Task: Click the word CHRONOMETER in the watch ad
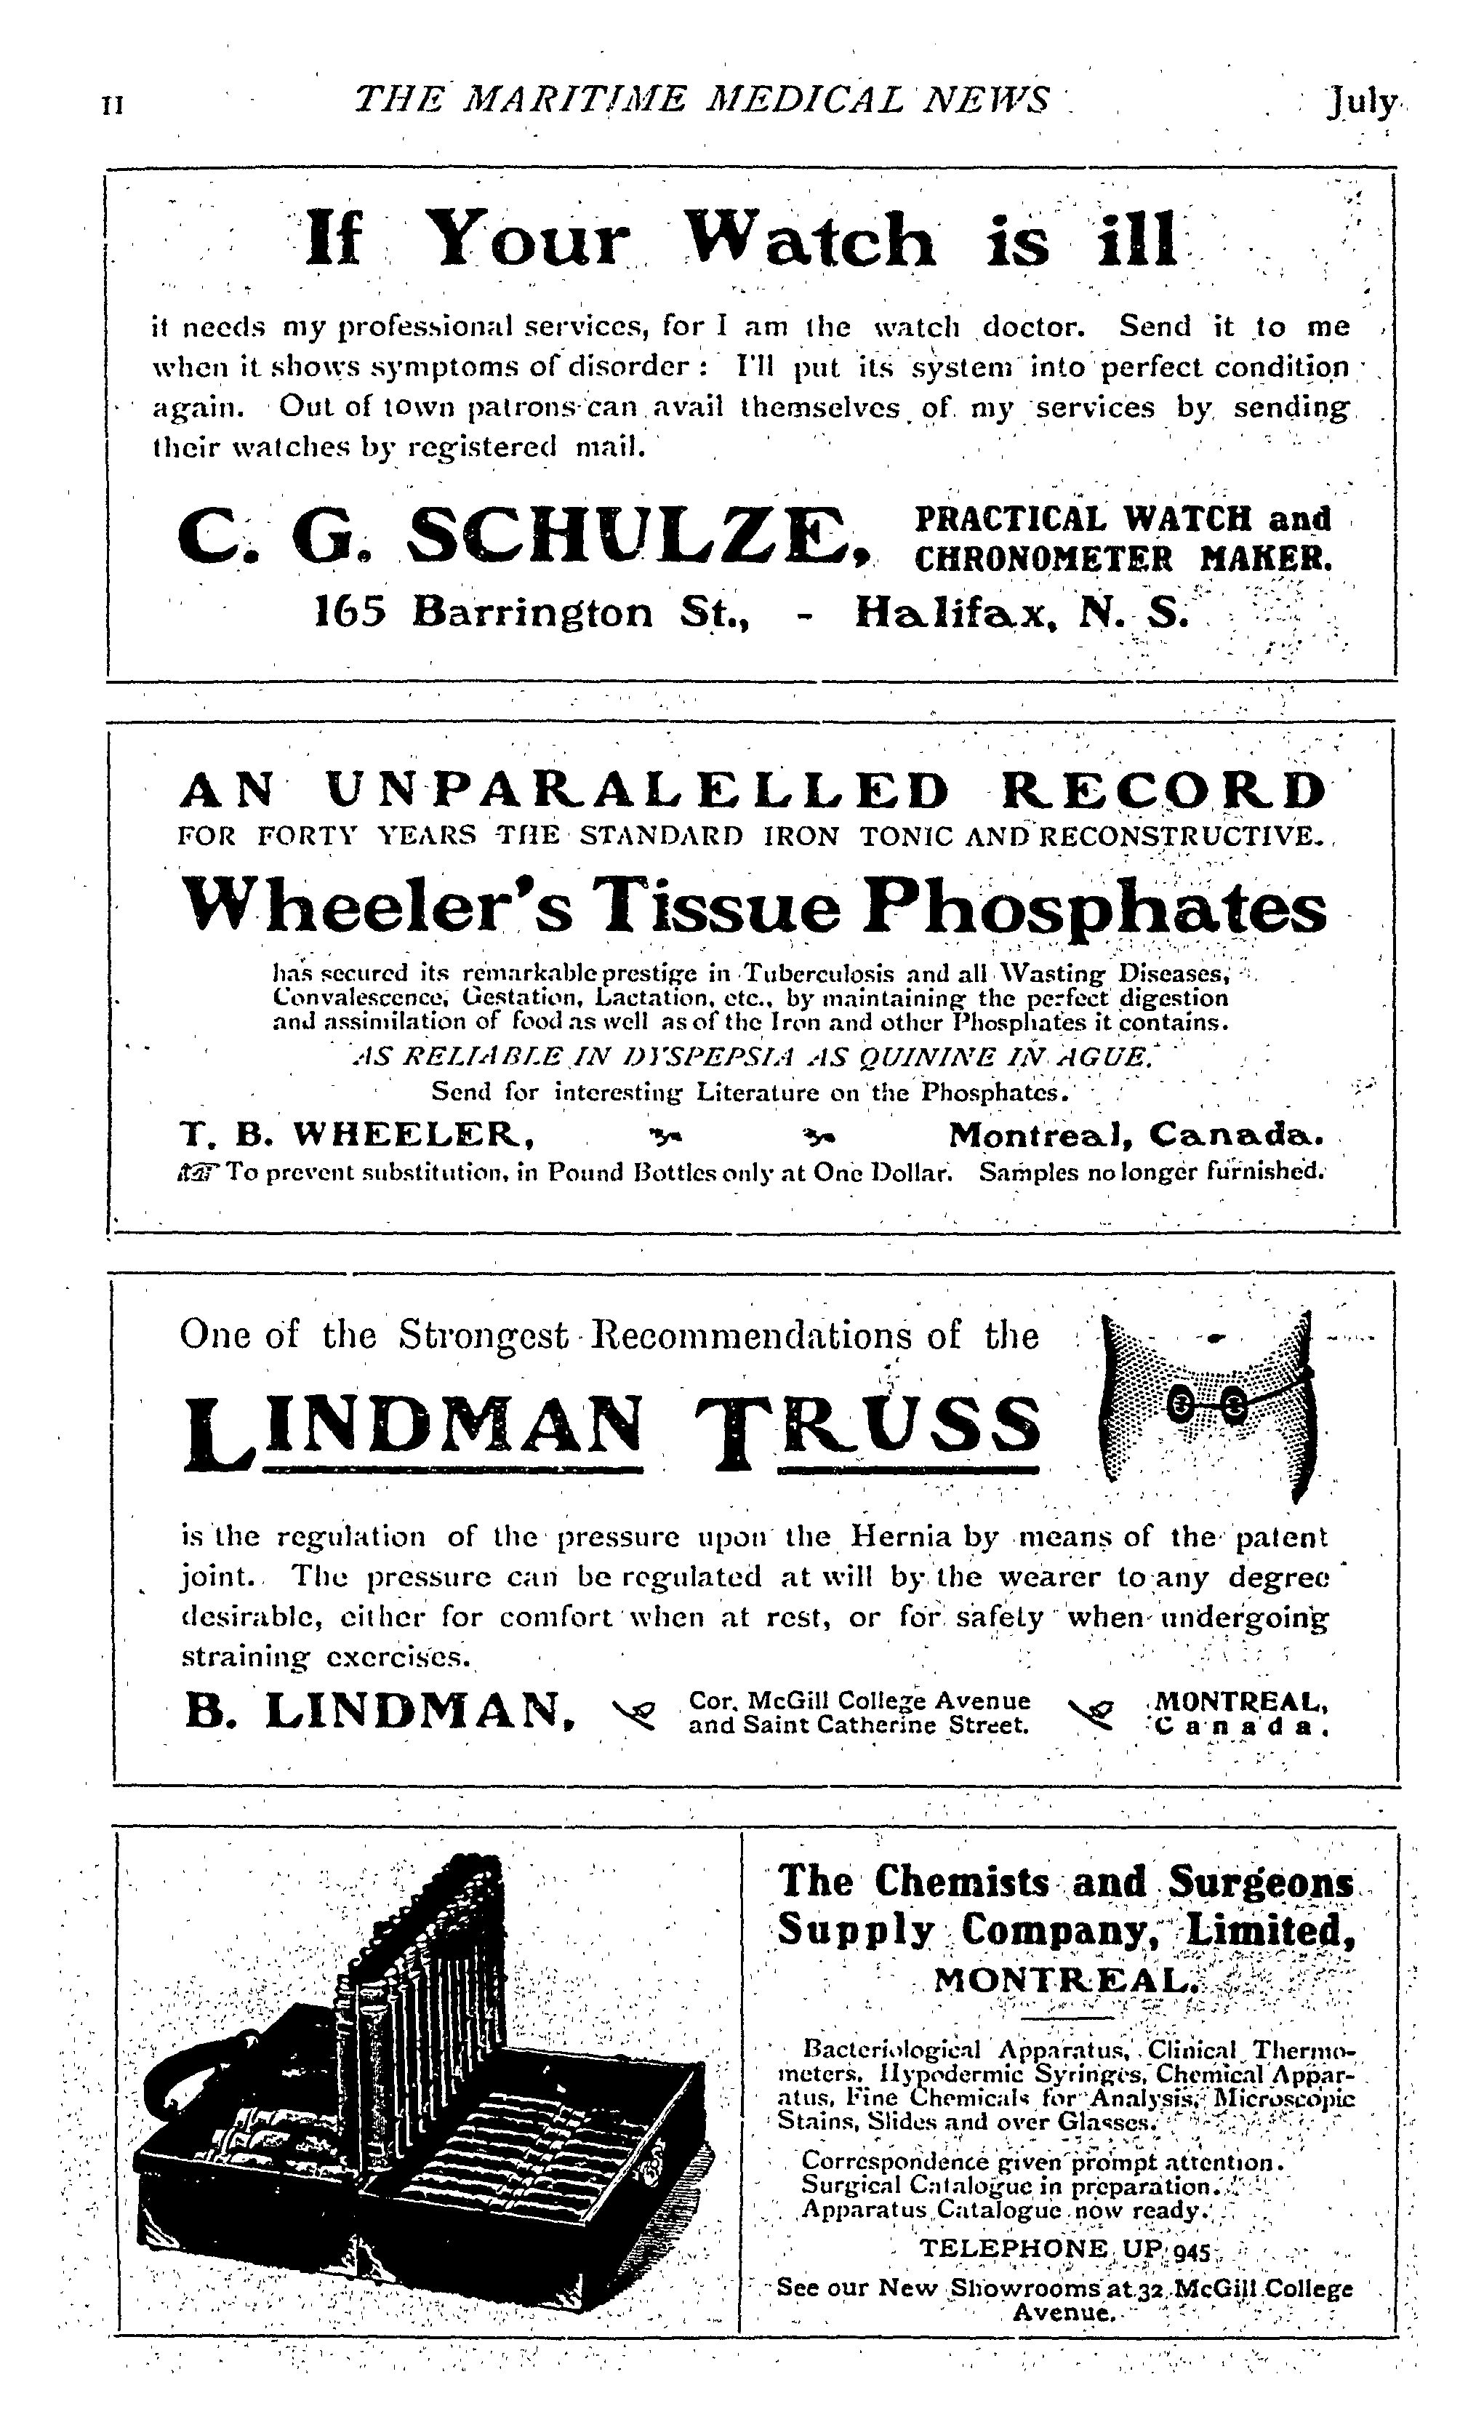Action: pos(1043,559)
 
